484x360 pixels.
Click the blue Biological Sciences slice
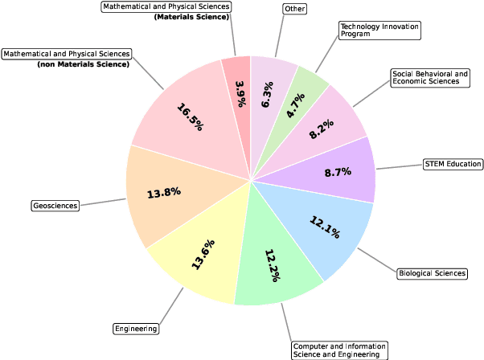(326, 229)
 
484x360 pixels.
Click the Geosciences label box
(55, 206)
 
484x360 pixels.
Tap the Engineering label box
(136, 328)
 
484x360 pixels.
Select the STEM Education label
(453, 164)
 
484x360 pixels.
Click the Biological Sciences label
(432, 273)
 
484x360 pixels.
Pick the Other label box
(294, 9)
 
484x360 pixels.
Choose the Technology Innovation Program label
(379, 31)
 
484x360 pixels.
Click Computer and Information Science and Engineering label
(339, 350)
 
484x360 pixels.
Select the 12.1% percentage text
(325, 227)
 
